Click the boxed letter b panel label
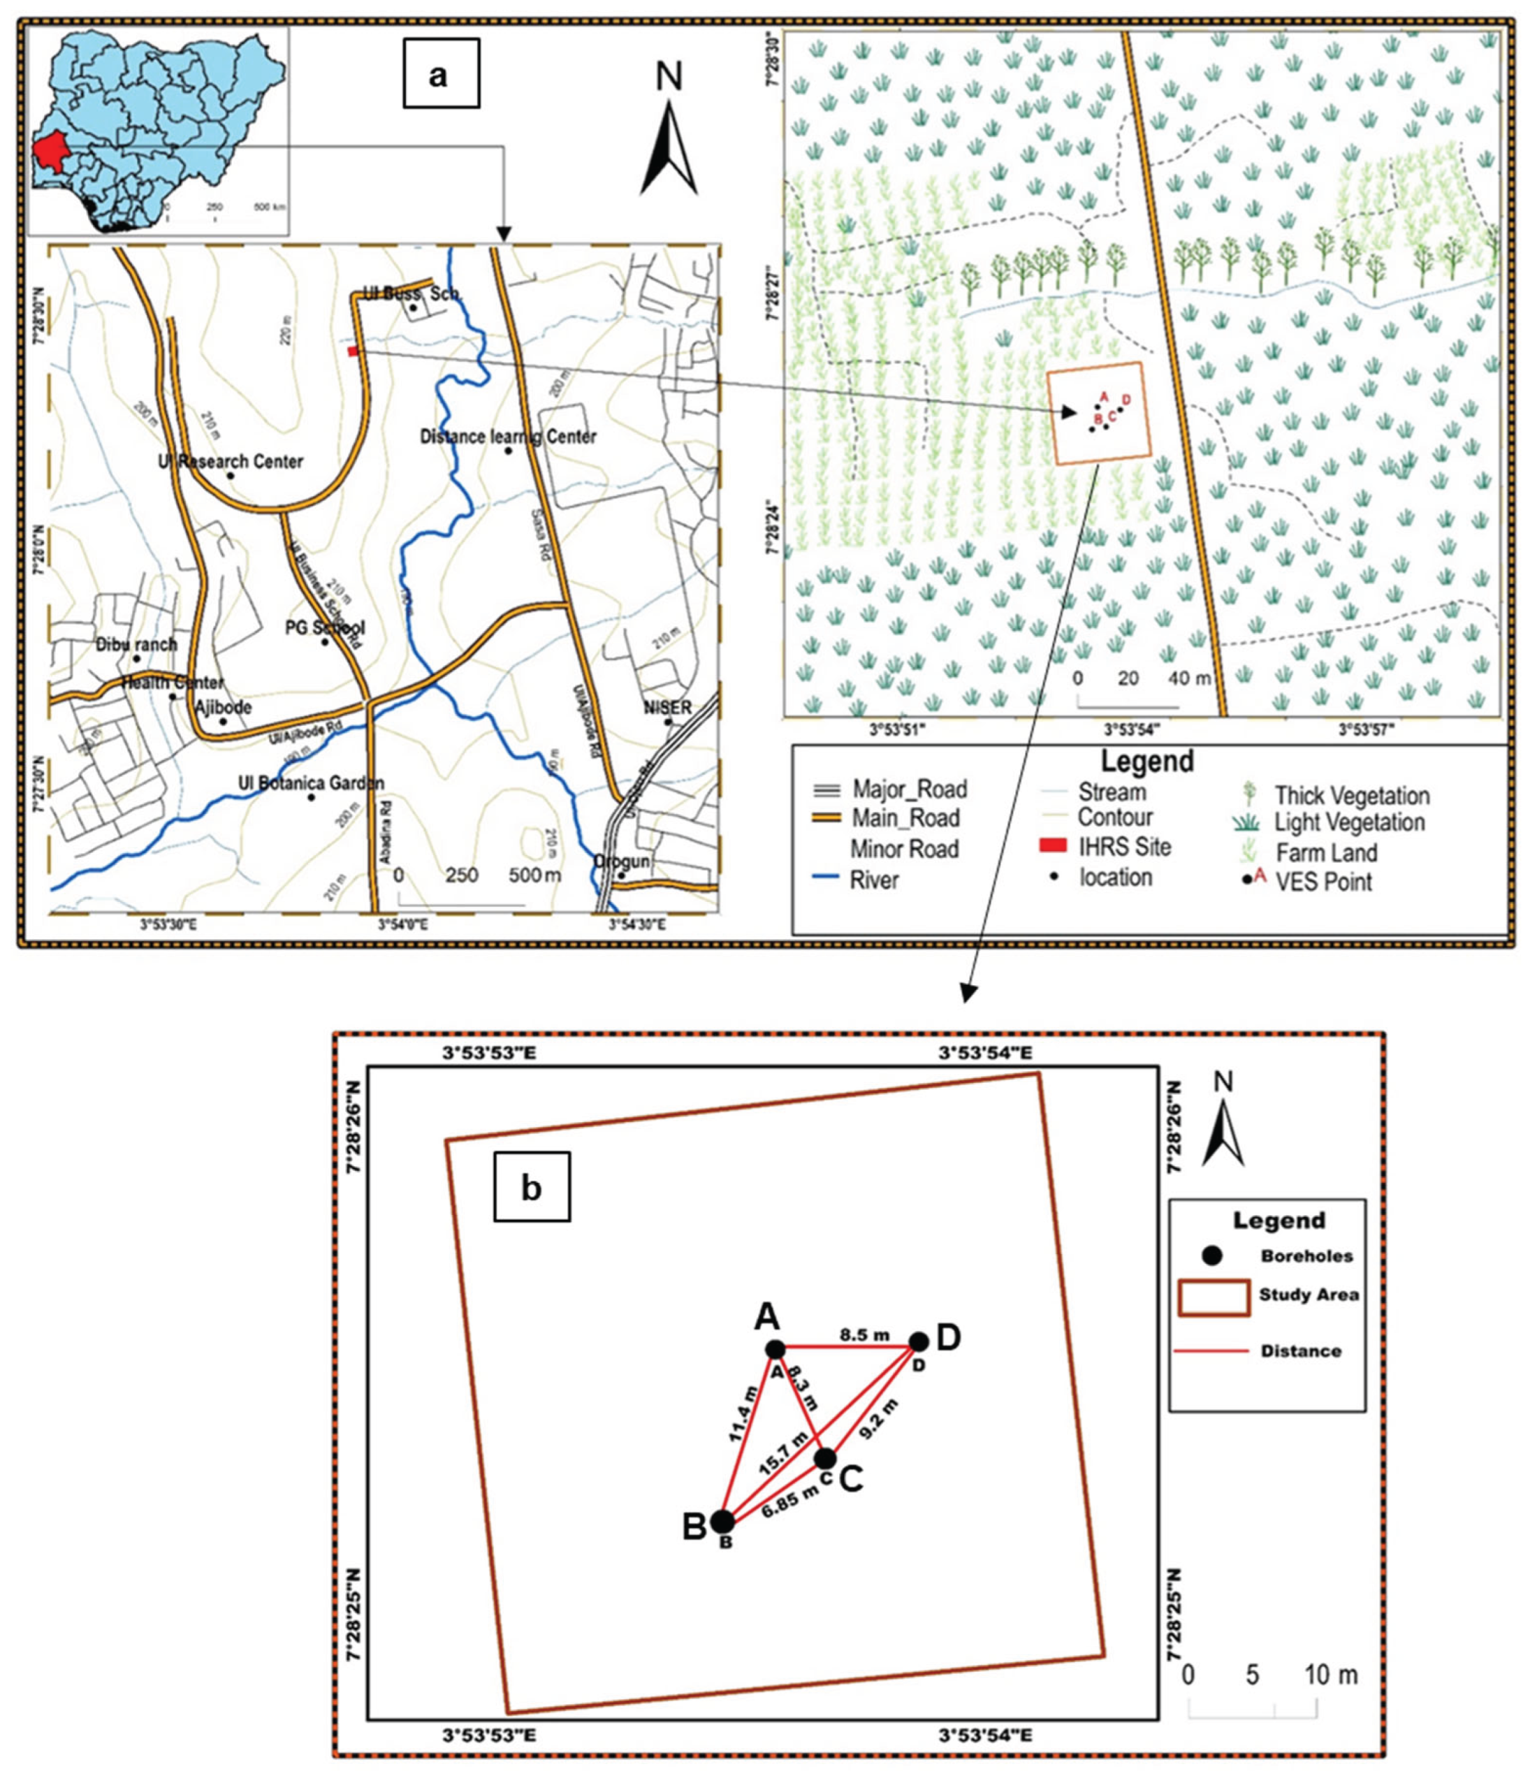coord(532,1189)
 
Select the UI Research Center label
coord(231,462)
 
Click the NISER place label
coord(668,708)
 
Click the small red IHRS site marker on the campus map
coord(352,351)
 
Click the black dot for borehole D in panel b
coord(918,1341)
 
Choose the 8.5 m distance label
coord(864,1334)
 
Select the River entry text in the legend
coord(874,880)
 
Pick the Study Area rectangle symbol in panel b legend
coord(1213,1297)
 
